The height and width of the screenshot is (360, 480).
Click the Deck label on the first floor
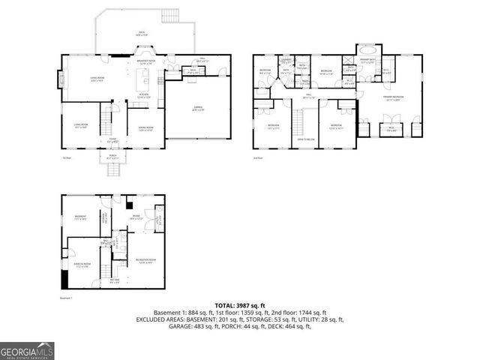click(141, 33)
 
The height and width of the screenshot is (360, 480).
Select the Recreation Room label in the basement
click(145, 262)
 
